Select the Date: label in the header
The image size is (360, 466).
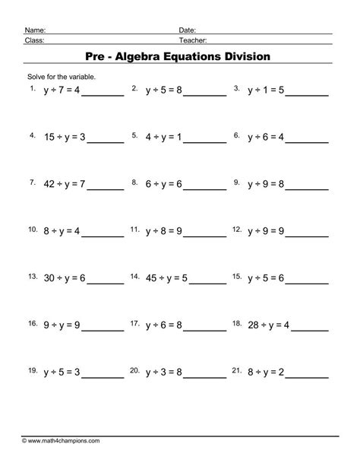tap(188, 30)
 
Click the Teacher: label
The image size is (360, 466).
tap(194, 40)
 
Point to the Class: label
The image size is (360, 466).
tap(33, 40)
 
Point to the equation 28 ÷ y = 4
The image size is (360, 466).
tap(268, 325)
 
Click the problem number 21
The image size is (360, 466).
tap(237, 370)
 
